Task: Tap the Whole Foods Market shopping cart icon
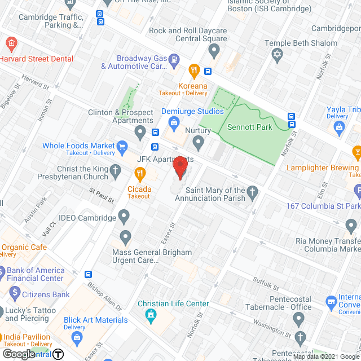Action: coord(122,149)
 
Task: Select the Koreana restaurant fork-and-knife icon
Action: coord(193,71)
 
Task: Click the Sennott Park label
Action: coord(249,127)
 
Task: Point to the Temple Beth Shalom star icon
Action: coord(276,55)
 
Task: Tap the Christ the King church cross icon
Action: coord(115,171)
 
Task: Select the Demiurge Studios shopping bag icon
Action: coord(174,122)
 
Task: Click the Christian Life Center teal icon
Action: coord(151,314)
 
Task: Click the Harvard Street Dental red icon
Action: coord(10,43)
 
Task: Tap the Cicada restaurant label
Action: coord(139,189)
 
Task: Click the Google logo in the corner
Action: coord(18,354)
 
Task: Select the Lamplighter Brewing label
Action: coord(322,168)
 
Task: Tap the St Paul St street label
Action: coord(102,195)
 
